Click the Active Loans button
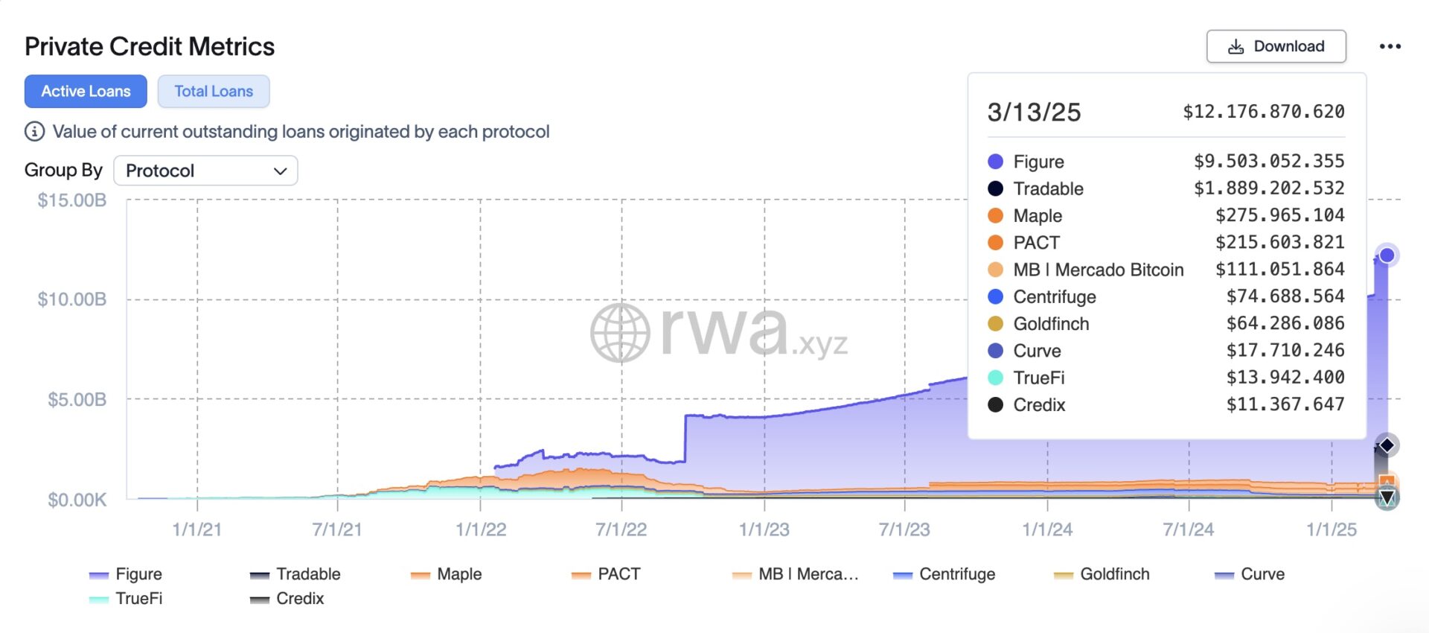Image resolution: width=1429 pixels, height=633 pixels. pyautogui.click(x=86, y=91)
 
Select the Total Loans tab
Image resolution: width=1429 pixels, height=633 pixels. pyautogui.click(x=214, y=91)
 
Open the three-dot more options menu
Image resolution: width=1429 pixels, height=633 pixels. pyautogui.click(x=1390, y=46)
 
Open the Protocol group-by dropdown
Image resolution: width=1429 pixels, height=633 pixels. pyautogui.click(x=205, y=171)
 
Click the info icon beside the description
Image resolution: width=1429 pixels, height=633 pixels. pyautogui.click(x=34, y=132)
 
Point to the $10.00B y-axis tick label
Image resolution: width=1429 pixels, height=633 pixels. pyautogui.click(x=72, y=299)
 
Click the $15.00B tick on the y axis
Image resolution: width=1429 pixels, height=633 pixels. pyautogui.click(x=72, y=200)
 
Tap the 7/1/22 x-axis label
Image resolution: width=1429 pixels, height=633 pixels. pyautogui.click(x=621, y=529)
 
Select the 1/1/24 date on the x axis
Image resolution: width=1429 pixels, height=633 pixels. pyautogui.click(x=1047, y=529)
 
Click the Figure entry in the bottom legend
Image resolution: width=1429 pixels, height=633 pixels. pyautogui.click(x=125, y=574)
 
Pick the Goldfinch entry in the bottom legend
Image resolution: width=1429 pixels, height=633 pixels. pyautogui.click(x=1102, y=574)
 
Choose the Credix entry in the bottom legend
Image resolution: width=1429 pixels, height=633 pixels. pyautogui.click(x=287, y=599)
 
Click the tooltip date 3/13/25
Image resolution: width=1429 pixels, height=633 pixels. pyautogui.click(x=1034, y=112)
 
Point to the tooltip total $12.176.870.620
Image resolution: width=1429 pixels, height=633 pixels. pyautogui.click(x=1264, y=112)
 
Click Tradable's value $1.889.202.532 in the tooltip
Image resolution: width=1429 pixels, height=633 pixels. pyautogui.click(x=1269, y=188)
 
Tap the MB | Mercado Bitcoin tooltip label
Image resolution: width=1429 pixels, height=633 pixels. pyautogui.click(x=1099, y=270)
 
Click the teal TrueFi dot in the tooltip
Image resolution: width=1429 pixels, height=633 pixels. pyautogui.click(x=995, y=378)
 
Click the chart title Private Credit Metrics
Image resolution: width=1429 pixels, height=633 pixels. pyautogui.click(x=150, y=46)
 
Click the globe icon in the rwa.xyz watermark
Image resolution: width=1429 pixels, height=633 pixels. pyautogui.click(x=620, y=333)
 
